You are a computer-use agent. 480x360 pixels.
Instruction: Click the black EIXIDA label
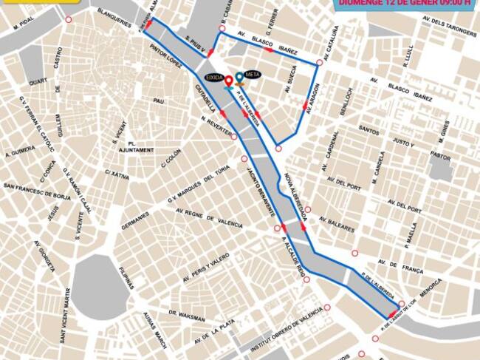pos(214,77)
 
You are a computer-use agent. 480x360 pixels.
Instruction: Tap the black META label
pos(253,75)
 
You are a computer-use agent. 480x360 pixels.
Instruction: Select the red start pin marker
pos(229,81)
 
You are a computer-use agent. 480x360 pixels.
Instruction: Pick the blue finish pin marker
pos(240,78)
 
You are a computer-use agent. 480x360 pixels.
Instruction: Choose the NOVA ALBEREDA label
pos(295,197)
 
